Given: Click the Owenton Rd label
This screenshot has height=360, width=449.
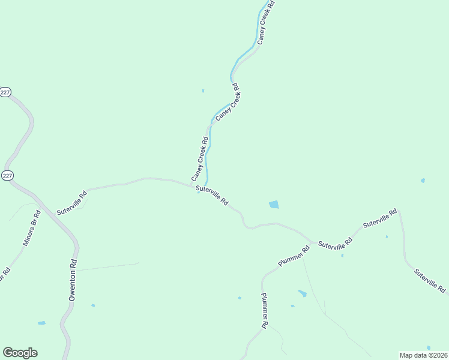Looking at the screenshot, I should tap(73, 280).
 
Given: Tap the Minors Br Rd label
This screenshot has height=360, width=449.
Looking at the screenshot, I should tap(31, 229).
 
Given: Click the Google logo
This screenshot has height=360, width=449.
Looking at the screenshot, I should tap(20, 353).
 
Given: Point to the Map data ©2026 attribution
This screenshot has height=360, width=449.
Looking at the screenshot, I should tap(424, 355).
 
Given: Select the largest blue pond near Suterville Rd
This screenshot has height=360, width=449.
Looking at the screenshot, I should tap(274, 205).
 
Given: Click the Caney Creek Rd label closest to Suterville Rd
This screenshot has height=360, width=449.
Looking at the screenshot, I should tap(199, 160).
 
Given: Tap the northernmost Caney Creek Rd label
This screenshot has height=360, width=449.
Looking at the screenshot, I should tap(265, 22).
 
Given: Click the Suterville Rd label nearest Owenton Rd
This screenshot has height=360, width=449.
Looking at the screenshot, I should tap(72, 203).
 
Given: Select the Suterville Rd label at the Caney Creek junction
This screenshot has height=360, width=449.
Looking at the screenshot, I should tap(212, 196).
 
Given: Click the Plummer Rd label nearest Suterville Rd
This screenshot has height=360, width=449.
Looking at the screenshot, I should tap(294, 256).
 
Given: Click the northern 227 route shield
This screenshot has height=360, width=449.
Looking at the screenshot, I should tap(5, 92).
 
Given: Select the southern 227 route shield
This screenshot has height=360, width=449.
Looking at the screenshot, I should tap(7, 175).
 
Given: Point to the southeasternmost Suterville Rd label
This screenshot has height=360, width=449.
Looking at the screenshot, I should tap(430, 281).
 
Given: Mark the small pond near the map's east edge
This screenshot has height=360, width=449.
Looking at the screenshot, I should tap(423, 180).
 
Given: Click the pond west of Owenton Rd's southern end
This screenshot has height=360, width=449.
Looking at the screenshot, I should tap(41, 323).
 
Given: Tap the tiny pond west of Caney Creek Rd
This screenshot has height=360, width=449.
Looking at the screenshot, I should tap(203, 91).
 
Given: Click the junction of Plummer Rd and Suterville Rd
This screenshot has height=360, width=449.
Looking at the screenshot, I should tap(312, 241).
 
